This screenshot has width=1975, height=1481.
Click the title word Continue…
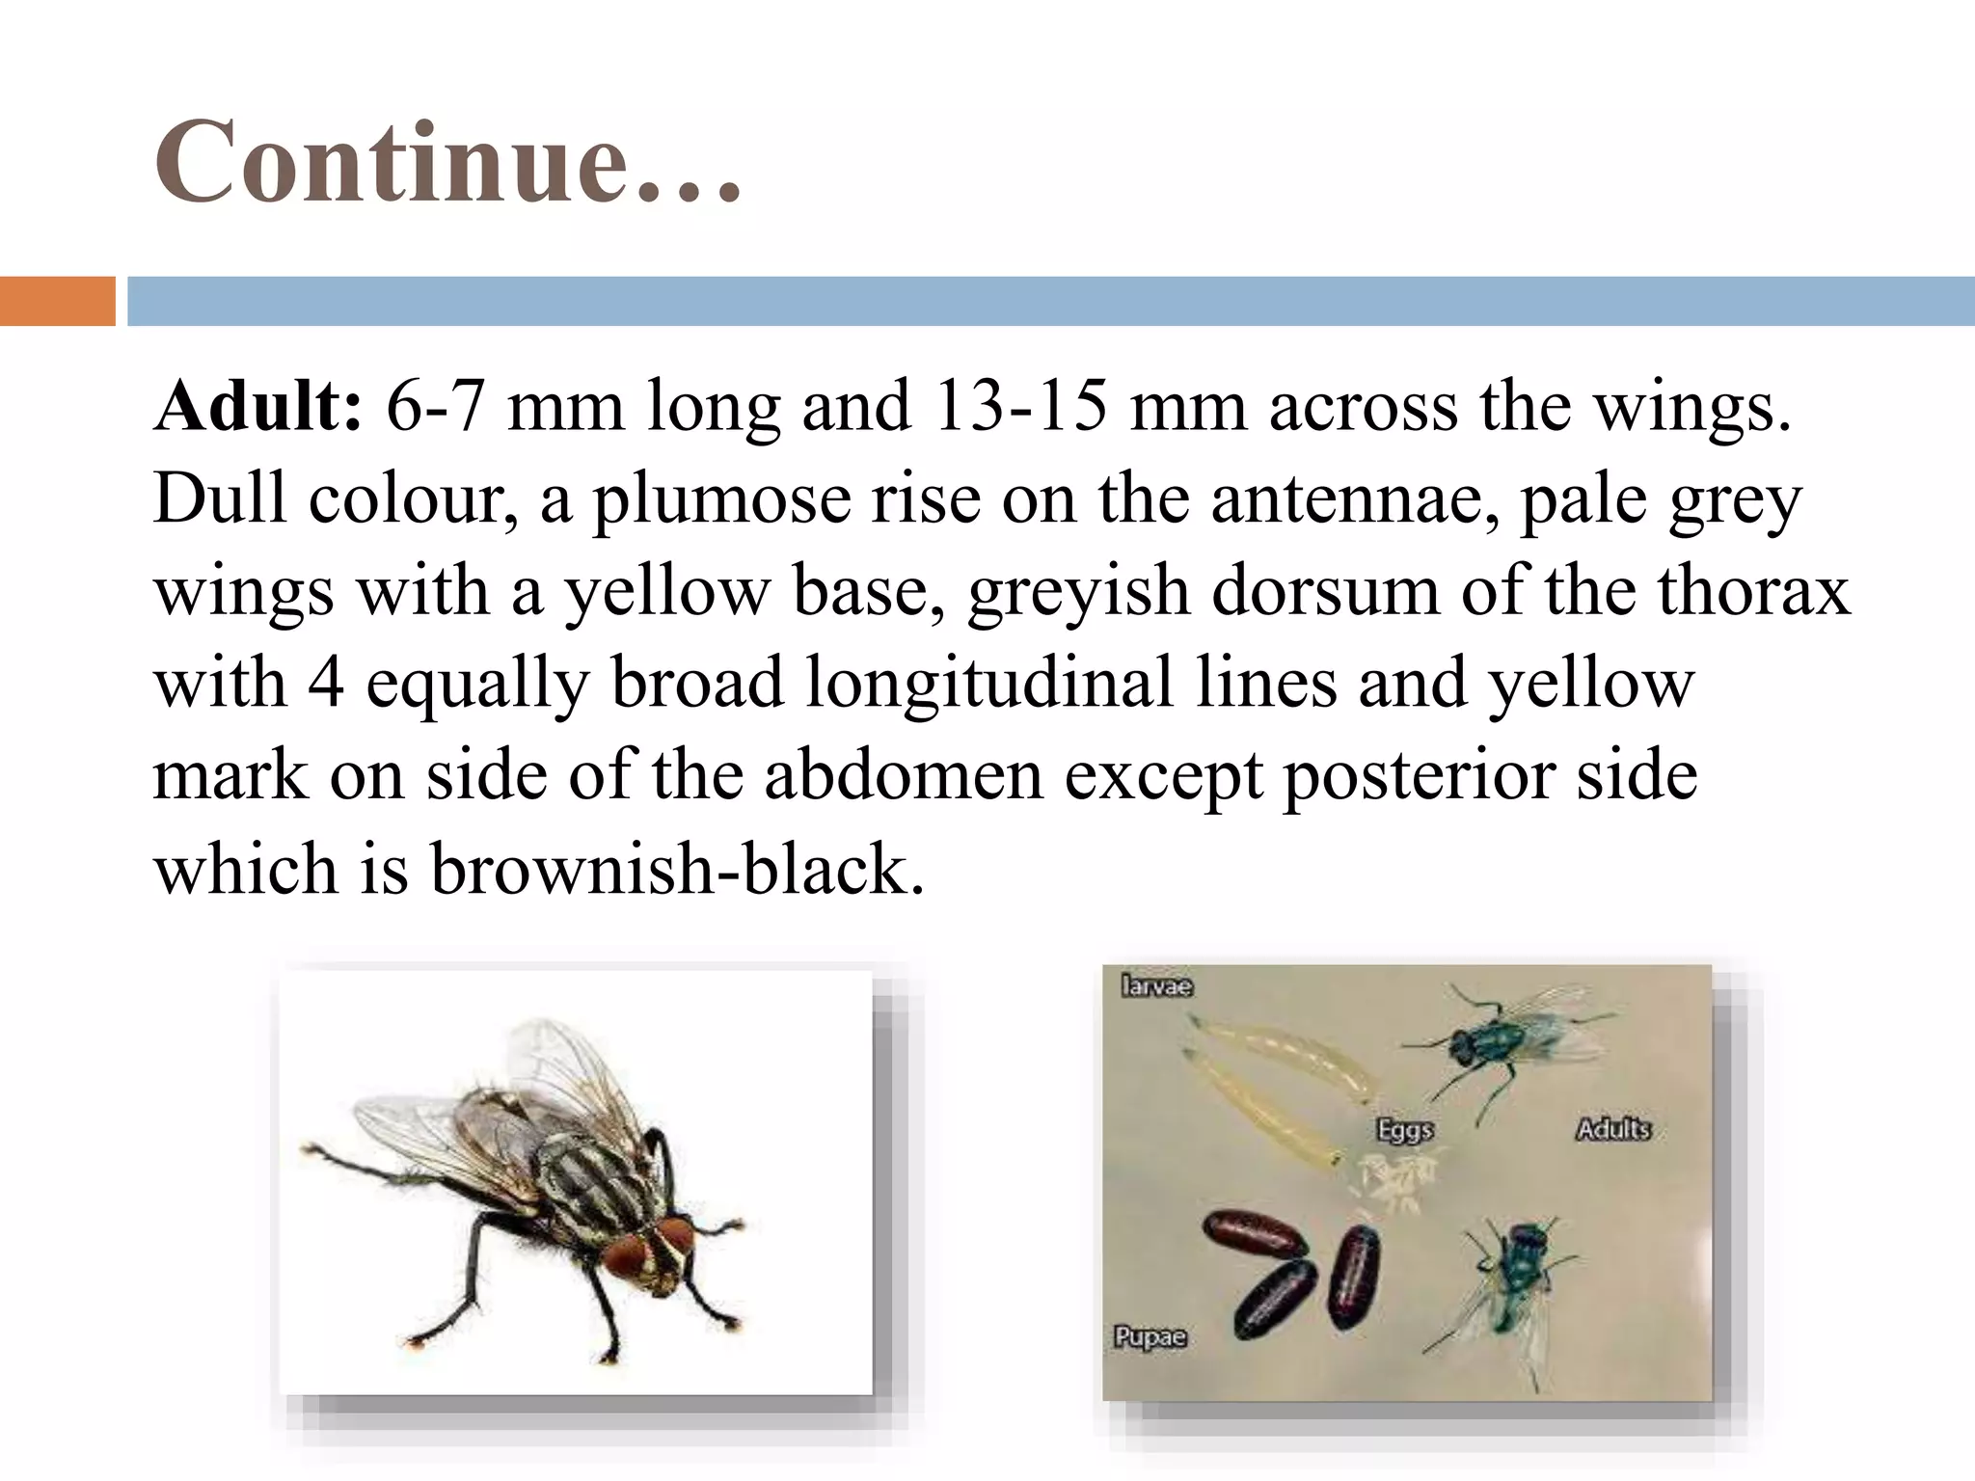[x=448, y=162]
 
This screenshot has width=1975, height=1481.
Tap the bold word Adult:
[x=257, y=406]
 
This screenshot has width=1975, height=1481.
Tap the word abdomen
[x=904, y=775]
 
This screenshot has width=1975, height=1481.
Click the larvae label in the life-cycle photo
[x=1157, y=986]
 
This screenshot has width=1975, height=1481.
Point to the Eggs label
[x=1405, y=1130]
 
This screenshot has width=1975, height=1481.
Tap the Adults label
[x=1613, y=1128]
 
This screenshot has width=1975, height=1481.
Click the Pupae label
[x=1150, y=1337]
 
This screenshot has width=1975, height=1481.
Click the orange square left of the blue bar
[x=57, y=301]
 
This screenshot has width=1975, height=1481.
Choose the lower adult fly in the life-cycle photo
[x=1514, y=1273]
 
